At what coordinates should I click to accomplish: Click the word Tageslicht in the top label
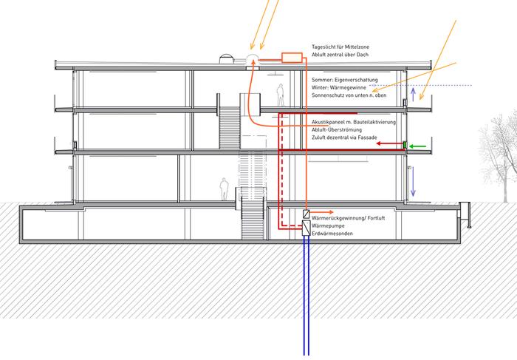327,46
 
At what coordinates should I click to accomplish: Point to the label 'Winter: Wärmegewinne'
340,87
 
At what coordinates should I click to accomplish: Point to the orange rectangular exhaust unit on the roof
291,56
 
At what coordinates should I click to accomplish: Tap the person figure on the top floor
280,95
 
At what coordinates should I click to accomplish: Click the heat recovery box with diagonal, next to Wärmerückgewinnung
306,214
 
